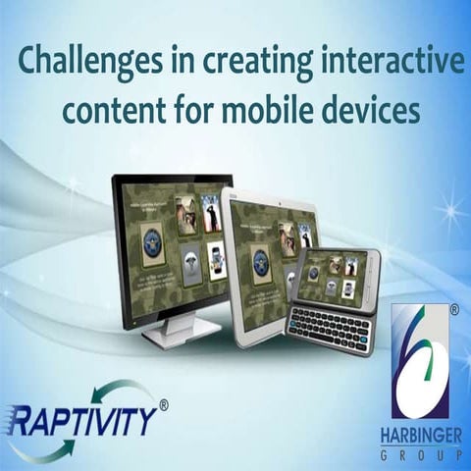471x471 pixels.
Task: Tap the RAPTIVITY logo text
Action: pos(83,421)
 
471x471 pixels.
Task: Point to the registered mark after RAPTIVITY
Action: pos(164,403)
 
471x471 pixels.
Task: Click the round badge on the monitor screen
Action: pos(152,243)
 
